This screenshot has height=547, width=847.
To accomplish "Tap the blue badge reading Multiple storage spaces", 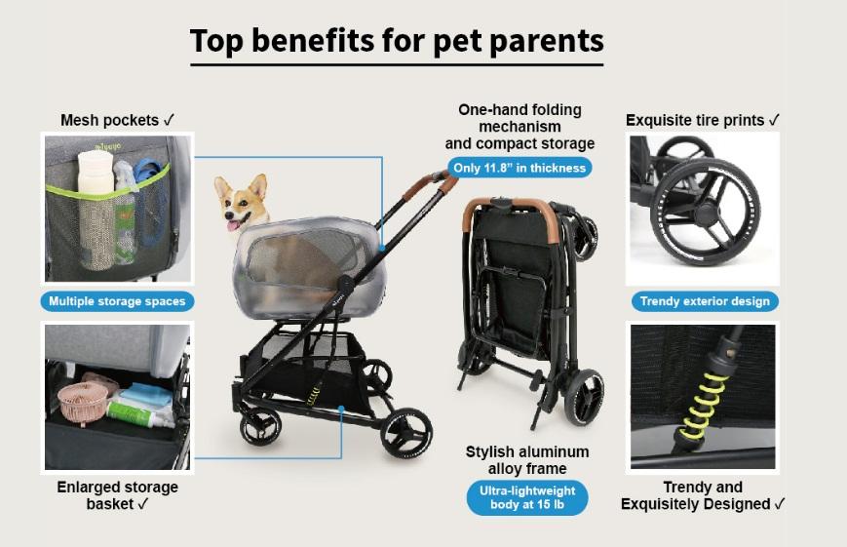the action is coord(117,301).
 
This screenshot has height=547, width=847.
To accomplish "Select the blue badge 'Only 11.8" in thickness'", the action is coord(520,168).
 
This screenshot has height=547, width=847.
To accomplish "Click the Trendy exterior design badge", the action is coord(705,301).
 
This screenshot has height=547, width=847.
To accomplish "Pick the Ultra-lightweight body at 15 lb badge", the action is coord(527,497).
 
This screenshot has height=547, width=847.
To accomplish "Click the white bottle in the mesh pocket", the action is coord(96,210).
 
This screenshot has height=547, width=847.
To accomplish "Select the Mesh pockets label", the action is coord(117,120).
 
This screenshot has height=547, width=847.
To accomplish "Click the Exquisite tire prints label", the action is coord(702,120).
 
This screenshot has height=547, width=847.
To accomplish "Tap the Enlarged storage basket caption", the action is coord(117,495).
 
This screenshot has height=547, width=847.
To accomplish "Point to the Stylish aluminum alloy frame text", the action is coord(527,460).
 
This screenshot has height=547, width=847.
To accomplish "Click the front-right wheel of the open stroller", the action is coord(406,432).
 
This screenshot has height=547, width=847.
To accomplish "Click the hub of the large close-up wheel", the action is coord(706,213).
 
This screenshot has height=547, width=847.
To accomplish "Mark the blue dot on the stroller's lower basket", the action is coord(341,409).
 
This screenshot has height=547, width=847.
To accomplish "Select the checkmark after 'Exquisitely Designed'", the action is coord(779,504).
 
